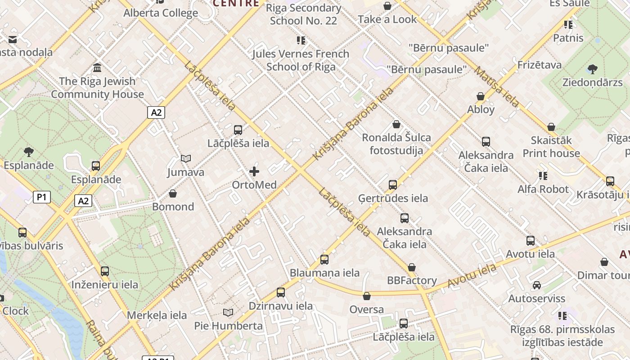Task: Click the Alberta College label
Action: [161, 13]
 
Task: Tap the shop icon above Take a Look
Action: [387, 6]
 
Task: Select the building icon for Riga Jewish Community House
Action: [97, 68]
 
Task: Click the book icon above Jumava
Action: [186, 158]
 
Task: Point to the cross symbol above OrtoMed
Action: [254, 171]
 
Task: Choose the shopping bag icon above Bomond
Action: [173, 193]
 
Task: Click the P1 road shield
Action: [41, 197]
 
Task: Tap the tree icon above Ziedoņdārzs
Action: [592, 69]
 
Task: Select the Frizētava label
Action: [540, 65]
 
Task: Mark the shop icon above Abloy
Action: [481, 96]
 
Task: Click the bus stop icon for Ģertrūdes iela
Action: [393, 184]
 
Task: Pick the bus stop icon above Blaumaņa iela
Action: [324, 259]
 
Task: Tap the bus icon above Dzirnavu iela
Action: [281, 292]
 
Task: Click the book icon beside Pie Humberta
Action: [228, 312]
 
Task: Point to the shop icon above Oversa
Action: [367, 296]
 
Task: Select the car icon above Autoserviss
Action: [537, 285]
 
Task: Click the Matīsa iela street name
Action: [497, 87]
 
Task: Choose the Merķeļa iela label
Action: [157, 315]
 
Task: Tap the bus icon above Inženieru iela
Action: [105, 271]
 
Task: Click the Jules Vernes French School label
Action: [301, 60]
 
